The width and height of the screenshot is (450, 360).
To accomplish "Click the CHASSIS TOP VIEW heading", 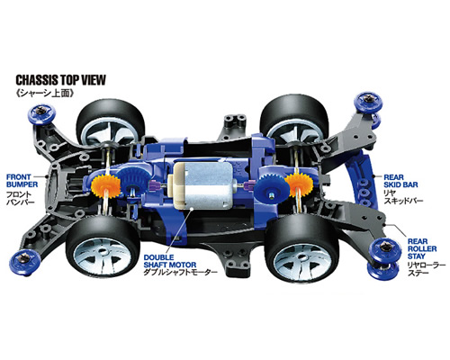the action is pos(60,80).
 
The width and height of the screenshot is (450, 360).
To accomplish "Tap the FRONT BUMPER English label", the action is pos(22,181).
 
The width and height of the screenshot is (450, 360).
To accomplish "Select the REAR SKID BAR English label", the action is pos(400,181).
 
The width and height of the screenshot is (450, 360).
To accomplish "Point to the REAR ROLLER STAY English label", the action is pos(422,248).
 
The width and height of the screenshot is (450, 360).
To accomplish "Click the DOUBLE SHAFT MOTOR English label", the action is pos(170,261).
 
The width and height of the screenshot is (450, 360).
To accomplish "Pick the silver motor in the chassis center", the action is pos(201,185).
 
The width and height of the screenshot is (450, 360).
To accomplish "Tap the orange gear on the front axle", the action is pos(105,187).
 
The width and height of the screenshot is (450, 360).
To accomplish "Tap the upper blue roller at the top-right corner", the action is pos(368,102).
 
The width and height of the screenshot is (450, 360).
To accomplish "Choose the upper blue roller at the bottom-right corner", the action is pos(386,249).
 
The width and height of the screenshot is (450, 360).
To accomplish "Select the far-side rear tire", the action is pos(295,118).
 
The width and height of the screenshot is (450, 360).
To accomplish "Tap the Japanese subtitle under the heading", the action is pos(45,94).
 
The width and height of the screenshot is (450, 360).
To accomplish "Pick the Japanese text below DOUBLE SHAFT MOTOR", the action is pos(180,273).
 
